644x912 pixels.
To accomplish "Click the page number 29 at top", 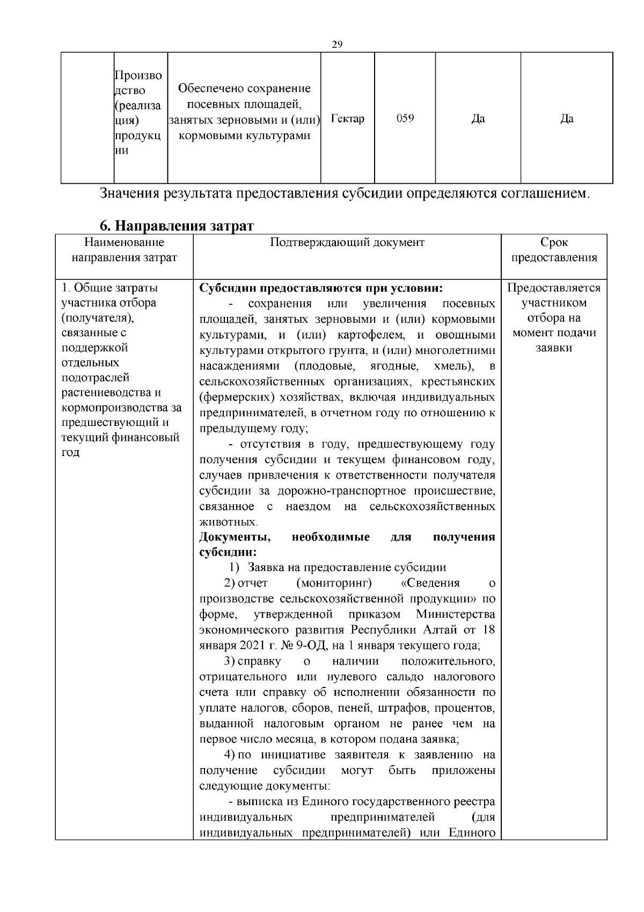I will point(337,45).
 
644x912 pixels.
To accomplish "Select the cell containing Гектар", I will point(348,119).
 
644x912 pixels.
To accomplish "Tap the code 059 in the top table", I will point(405,119).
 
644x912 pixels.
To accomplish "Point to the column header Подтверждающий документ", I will point(347,243).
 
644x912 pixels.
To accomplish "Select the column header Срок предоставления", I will point(554,250).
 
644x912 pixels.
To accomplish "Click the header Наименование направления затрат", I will point(124,250).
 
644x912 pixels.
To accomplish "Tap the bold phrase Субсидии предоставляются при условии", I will point(320,288).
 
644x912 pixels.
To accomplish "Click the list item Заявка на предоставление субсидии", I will point(347,568).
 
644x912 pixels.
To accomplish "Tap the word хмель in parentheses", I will point(452,366).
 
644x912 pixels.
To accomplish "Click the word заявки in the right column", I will point(554,348).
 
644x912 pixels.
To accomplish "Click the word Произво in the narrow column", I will point(138,76).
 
